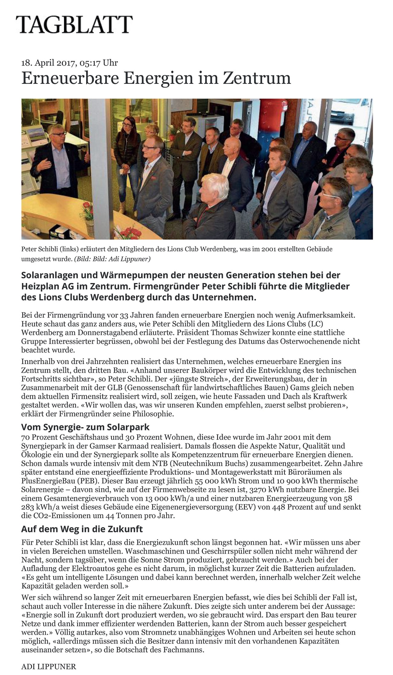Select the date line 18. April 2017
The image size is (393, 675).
pos(70,63)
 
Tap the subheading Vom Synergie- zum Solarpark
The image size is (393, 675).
pos(85,427)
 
